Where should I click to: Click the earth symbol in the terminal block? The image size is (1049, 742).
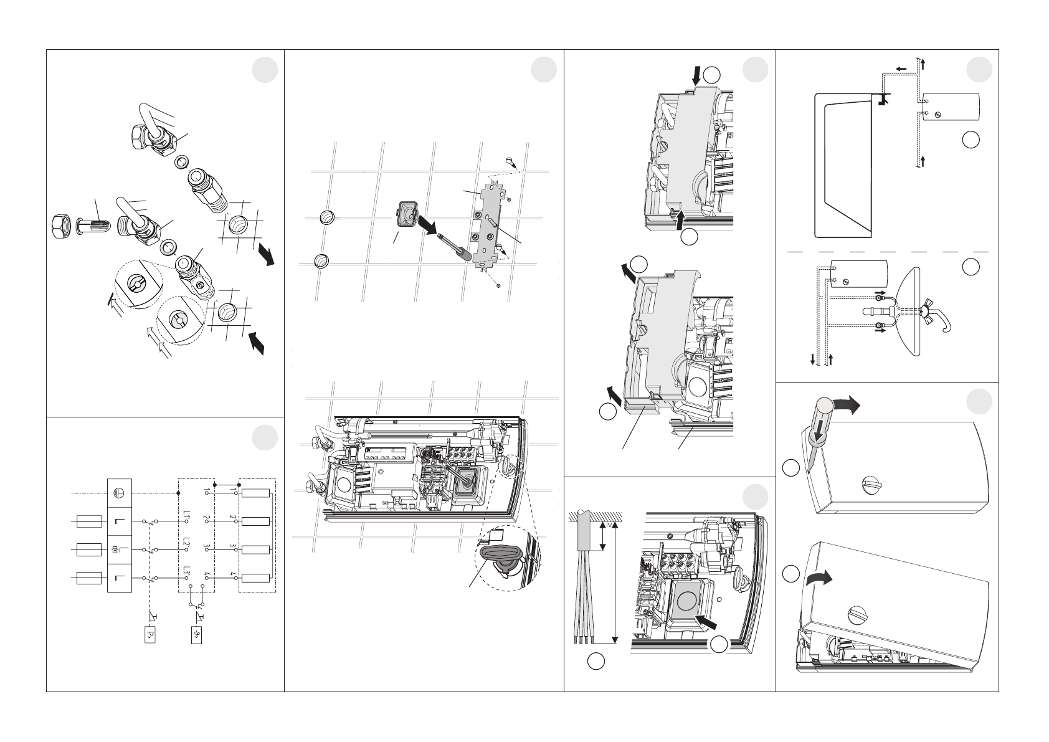(x=120, y=491)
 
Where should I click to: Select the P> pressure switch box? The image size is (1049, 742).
(x=149, y=634)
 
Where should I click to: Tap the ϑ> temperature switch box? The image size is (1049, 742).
(x=196, y=634)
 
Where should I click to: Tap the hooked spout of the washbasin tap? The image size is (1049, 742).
(x=949, y=323)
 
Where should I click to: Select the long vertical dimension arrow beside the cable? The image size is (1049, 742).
(x=615, y=582)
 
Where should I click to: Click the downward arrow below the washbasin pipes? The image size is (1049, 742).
(x=812, y=360)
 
